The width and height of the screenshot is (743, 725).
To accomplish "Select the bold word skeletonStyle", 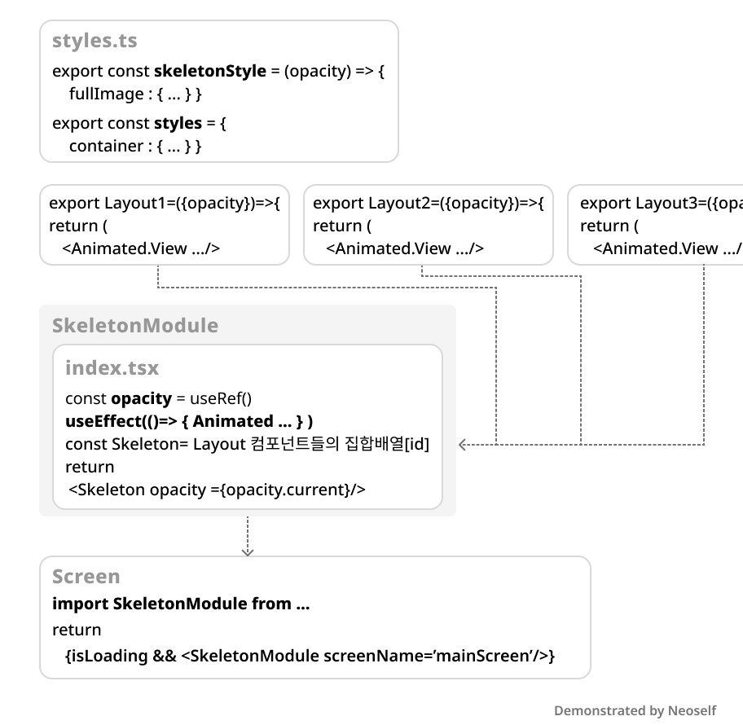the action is [209, 72].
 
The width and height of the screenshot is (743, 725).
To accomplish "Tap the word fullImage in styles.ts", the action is [106, 94].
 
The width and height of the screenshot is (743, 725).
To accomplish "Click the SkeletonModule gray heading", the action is [135, 326].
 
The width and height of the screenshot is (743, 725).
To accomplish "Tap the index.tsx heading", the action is [112, 368].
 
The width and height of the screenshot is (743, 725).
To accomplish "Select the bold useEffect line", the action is [189, 422].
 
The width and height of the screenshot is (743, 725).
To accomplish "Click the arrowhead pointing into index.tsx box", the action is [464, 445].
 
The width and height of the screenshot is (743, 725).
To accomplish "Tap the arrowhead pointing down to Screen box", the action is [248, 551].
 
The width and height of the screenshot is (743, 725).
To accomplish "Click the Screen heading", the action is [86, 577].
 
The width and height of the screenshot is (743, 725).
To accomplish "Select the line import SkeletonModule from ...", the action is [181, 604].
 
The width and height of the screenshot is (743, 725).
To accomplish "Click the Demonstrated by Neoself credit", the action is [635, 711].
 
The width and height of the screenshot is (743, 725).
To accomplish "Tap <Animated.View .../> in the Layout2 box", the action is [404, 249].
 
